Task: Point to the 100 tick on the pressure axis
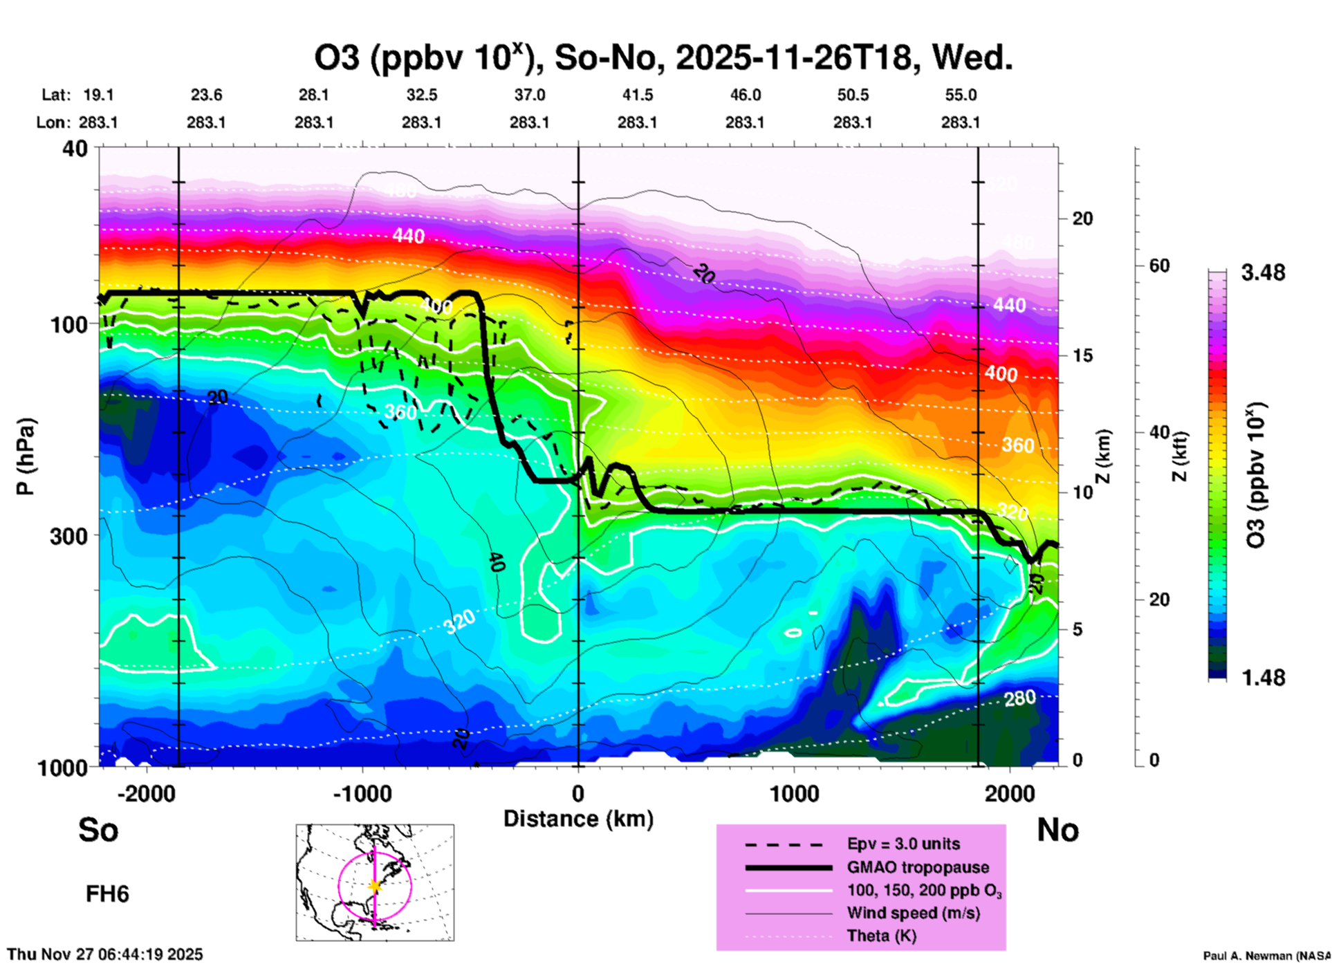pyautogui.click(x=70, y=324)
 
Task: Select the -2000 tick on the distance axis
pyautogui.click(x=146, y=793)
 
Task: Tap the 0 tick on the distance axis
pyautogui.click(x=578, y=793)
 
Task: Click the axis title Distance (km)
pyautogui.click(x=578, y=819)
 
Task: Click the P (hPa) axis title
pyautogui.click(x=26, y=456)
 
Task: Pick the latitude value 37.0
pyautogui.click(x=529, y=95)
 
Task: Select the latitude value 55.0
pyautogui.click(x=960, y=95)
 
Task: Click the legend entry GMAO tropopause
pyautogui.click(x=918, y=867)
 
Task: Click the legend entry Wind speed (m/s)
pyautogui.click(x=913, y=914)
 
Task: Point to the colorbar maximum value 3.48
pyautogui.click(x=1263, y=273)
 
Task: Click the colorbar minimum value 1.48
pyautogui.click(x=1263, y=678)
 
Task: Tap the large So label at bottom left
pyautogui.click(x=98, y=830)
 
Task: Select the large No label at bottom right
pyautogui.click(x=1057, y=830)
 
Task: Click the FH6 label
pyautogui.click(x=107, y=894)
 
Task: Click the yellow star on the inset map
pyautogui.click(x=375, y=886)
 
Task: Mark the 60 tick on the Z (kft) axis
pyautogui.click(x=1159, y=266)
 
